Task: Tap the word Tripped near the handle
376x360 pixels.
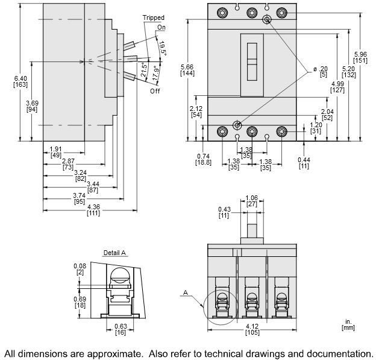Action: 153,19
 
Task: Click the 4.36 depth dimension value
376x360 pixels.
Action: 93,206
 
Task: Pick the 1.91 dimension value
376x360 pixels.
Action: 54,148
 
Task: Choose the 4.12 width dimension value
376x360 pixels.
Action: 252,326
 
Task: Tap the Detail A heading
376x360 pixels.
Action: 114,253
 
